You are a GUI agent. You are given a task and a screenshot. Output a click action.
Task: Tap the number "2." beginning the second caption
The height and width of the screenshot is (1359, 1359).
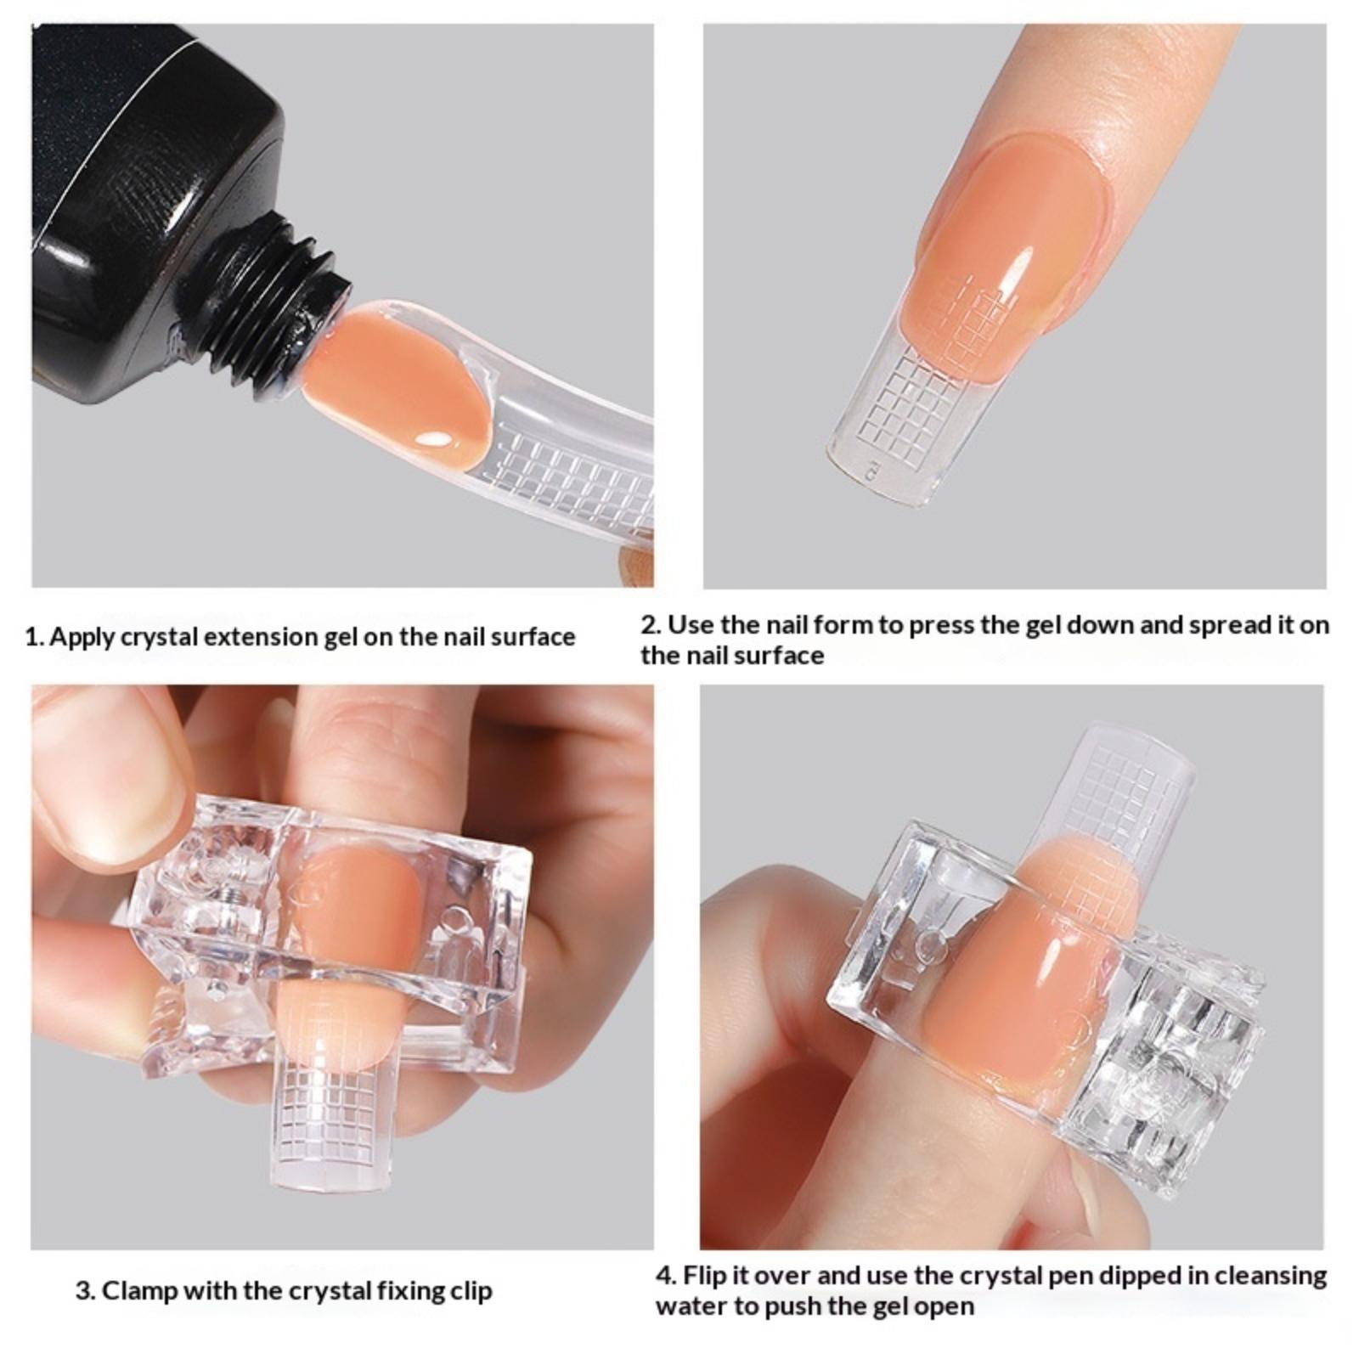tap(651, 625)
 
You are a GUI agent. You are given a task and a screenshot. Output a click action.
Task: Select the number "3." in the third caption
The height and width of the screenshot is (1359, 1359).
tap(85, 1292)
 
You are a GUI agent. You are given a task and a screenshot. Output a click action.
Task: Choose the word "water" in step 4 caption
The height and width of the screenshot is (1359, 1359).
tap(691, 1306)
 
